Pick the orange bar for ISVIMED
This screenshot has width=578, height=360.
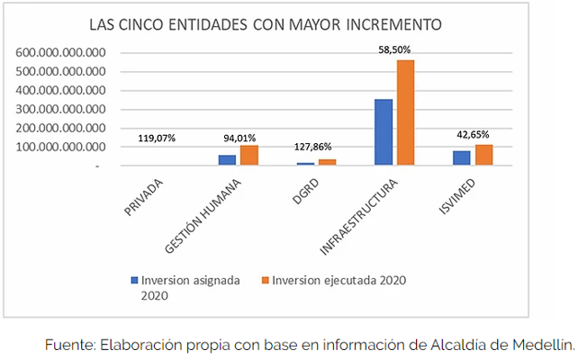pos(484,155)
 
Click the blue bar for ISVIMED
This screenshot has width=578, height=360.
pos(462,157)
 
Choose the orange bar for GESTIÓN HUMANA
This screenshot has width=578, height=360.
pos(248,155)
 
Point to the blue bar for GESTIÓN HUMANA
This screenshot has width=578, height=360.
pos(227,160)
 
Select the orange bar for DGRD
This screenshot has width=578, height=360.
pos(327,162)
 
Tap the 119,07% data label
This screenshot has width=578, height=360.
pos(157,139)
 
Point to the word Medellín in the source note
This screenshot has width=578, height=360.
pos(544,344)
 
